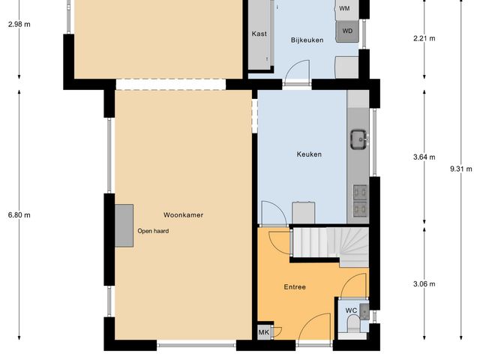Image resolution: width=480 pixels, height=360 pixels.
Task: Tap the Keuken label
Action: (309, 154)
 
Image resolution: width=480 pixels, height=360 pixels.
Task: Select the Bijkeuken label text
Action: (307, 40)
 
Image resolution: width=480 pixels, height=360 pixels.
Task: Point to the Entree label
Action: (294, 287)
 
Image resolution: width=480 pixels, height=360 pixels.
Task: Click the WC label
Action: (350, 310)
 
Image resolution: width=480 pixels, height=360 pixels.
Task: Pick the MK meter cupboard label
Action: (264, 332)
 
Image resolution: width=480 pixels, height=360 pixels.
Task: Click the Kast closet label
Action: (259, 34)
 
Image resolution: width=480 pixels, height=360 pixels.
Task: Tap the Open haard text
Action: (153, 231)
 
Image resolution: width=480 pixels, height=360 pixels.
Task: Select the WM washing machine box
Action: (344, 8)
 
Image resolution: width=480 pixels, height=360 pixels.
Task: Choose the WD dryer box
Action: (346, 31)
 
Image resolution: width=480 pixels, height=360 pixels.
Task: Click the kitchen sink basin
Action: (358, 137)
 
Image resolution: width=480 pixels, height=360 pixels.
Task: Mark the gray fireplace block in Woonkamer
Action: (124, 225)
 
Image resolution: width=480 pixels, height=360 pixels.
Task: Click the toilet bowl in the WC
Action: (352, 325)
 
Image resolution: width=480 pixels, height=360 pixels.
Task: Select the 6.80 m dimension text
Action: (19, 215)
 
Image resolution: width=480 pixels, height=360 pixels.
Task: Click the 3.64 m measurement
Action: (424, 157)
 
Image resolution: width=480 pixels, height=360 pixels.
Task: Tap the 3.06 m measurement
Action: (424, 283)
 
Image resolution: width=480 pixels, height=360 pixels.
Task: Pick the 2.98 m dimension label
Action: (19, 24)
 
